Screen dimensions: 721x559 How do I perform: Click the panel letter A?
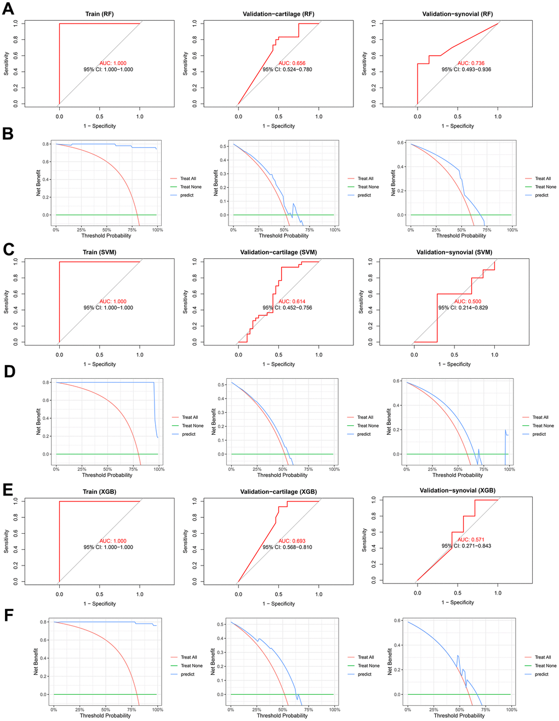(x=8, y=9)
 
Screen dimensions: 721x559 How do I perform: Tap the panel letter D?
(x=9, y=371)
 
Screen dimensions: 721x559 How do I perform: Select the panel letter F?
(x=8, y=615)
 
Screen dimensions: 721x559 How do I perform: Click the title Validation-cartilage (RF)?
(x=278, y=14)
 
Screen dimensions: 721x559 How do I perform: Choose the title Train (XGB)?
(x=99, y=492)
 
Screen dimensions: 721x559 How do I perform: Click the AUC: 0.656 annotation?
(x=292, y=64)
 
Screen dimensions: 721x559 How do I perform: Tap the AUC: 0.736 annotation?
(x=471, y=64)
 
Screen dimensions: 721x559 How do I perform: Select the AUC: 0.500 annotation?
(x=467, y=302)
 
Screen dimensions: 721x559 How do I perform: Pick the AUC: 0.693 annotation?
(x=292, y=541)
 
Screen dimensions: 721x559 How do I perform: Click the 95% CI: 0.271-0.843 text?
(x=466, y=546)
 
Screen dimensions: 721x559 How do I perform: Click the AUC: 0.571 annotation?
(x=471, y=540)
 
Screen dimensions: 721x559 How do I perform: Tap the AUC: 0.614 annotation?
(x=292, y=302)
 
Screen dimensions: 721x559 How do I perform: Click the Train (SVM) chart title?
(x=99, y=252)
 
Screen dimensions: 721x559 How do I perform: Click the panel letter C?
(x=8, y=250)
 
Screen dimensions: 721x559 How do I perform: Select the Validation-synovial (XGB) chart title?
(x=457, y=491)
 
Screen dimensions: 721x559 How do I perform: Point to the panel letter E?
(x=8, y=489)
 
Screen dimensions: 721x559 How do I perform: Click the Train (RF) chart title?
(x=99, y=14)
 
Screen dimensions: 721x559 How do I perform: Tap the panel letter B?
(x=8, y=134)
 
